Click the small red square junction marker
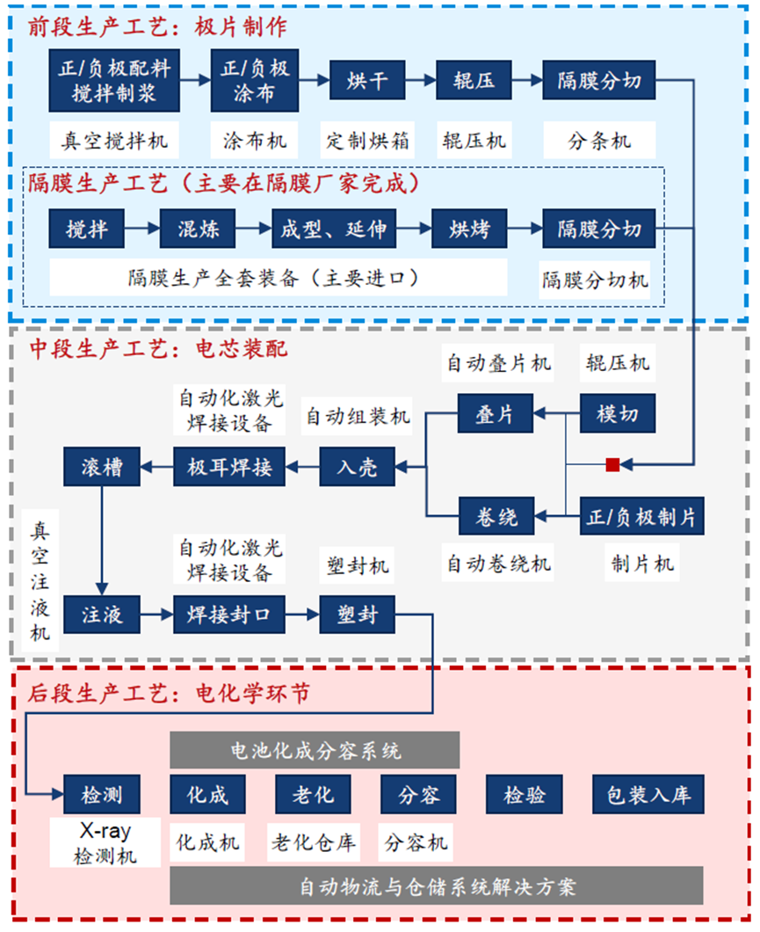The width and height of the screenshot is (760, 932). click(x=612, y=464)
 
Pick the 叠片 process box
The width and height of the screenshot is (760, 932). click(x=496, y=414)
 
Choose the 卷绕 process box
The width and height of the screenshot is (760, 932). click(x=496, y=516)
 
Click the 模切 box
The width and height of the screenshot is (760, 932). click(x=618, y=414)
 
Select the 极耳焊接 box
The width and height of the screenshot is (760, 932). click(x=229, y=466)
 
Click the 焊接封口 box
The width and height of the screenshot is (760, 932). click(x=229, y=614)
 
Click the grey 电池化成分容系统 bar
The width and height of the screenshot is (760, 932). click(x=315, y=751)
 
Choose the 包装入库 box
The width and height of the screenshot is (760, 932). click(x=648, y=795)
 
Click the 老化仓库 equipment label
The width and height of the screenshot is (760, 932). click(x=314, y=843)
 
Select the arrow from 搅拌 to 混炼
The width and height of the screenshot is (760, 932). click(x=141, y=229)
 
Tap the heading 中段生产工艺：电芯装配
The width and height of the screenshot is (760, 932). click(x=159, y=349)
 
